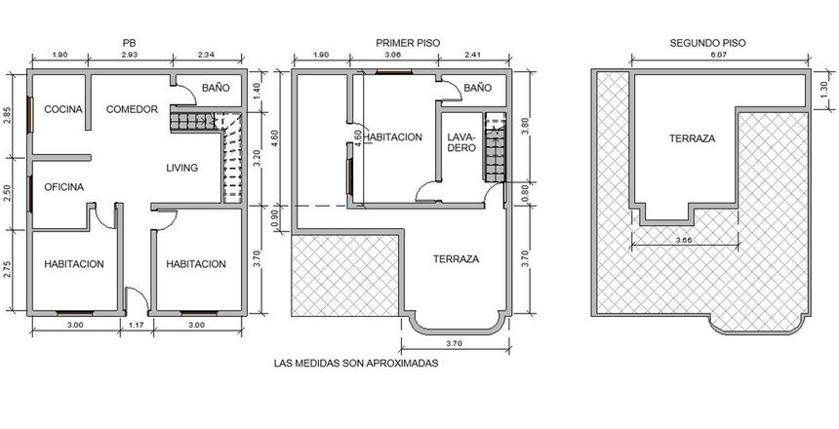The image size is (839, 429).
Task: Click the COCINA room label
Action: click(63, 109)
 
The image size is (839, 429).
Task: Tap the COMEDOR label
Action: click(132, 109)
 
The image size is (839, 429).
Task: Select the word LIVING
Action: click(181, 168)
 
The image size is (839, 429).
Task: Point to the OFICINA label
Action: click(63, 187)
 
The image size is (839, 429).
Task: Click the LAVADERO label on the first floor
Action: click(461, 141)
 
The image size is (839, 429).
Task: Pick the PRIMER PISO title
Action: click(408, 43)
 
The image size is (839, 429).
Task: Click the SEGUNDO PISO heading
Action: click(707, 43)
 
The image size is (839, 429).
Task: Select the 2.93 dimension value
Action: click(130, 56)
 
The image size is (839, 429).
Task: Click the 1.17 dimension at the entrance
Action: click(137, 325)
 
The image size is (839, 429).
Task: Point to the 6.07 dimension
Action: click(719, 56)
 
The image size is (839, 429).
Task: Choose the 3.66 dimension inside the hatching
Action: click(684, 240)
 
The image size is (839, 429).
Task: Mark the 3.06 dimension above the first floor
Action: click(393, 56)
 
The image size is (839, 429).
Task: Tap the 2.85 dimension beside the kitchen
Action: click(7, 116)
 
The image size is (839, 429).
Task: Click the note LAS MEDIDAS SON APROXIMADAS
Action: click(356, 364)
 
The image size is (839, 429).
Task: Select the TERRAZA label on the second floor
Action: click(692, 138)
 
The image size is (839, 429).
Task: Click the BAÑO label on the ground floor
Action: click(216, 88)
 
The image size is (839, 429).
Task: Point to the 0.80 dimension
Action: click(525, 194)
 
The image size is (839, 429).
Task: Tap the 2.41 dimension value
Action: click(473, 56)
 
